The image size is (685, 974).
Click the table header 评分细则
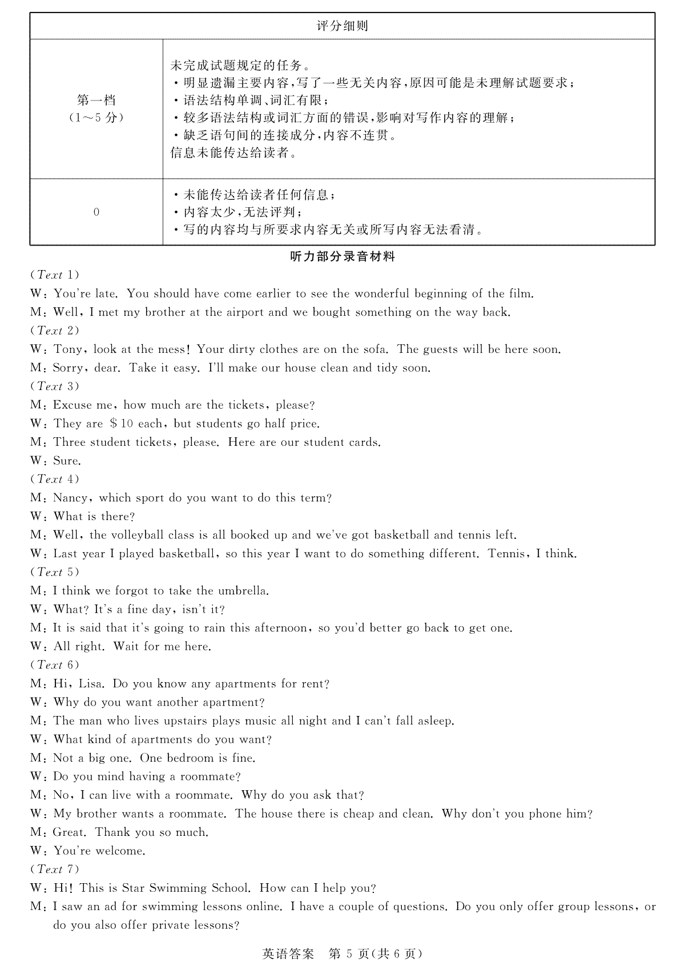coord(342,26)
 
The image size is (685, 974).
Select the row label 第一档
coord(96,100)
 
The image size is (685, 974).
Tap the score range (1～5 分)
coord(96,118)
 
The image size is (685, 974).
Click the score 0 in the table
coord(96,212)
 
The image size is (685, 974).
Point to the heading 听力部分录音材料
coord(342,257)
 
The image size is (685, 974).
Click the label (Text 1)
coord(54,275)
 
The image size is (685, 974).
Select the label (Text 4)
coord(54,479)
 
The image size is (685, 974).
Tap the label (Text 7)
coord(54,870)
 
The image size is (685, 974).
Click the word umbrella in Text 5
coord(243,591)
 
